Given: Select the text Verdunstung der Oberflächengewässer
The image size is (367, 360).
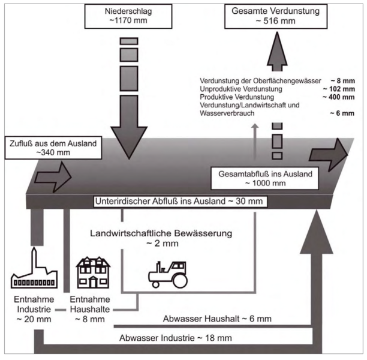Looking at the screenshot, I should coord(255,80).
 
